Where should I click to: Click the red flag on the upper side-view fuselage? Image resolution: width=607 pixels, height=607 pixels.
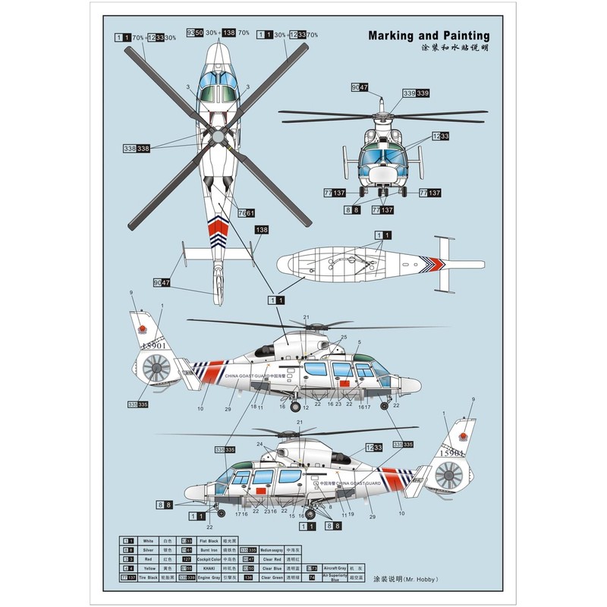[342, 385]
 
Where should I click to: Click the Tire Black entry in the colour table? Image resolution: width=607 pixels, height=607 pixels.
[148, 577]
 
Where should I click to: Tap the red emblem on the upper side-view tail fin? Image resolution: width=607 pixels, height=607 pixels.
[142, 329]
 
